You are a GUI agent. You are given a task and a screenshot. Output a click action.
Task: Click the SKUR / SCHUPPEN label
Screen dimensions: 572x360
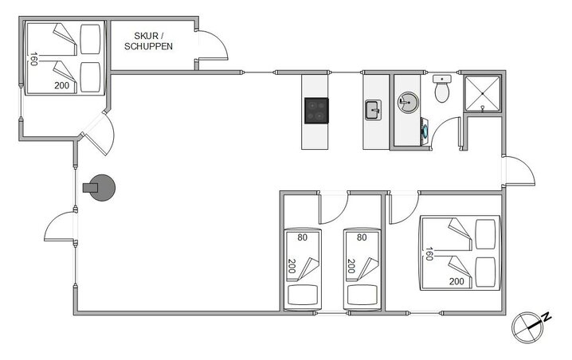tap(148, 41)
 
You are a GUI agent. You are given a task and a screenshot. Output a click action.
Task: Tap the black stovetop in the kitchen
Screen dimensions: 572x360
tap(316, 111)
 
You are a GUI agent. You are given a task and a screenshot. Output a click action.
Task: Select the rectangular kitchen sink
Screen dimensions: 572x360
tap(373, 110)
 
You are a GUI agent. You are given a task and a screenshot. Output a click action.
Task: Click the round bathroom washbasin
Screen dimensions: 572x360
tap(407, 102)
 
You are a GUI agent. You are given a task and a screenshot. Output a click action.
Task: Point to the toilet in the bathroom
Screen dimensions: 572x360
tap(442, 88)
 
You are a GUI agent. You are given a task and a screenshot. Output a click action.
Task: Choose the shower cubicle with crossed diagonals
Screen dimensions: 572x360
tap(482, 94)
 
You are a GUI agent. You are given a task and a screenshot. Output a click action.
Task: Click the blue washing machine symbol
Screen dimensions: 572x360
tap(425, 131)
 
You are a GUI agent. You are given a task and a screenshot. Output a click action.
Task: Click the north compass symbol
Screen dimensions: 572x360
tap(527, 327)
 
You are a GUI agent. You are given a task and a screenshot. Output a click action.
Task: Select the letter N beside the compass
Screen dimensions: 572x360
tap(547, 317)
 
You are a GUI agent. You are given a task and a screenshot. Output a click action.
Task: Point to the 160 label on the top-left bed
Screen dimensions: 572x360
tap(33, 59)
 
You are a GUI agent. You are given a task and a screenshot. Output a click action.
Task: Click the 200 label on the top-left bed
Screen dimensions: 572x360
tap(61, 85)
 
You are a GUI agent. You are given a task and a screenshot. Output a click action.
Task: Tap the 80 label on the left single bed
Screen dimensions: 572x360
tap(303, 237)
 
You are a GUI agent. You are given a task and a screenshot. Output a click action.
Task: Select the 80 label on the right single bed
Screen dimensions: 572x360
tap(362, 237)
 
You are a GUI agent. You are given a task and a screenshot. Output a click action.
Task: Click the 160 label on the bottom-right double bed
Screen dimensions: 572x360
tap(429, 254)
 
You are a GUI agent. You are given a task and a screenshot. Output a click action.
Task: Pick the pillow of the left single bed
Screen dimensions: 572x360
tap(303, 295)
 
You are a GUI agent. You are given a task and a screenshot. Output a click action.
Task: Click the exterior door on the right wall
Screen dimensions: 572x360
tap(519, 170)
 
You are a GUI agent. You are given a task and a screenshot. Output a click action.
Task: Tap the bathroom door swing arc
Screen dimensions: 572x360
tap(442, 130)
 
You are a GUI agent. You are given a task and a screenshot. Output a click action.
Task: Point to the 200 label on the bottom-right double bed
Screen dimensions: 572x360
tap(456, 282)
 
